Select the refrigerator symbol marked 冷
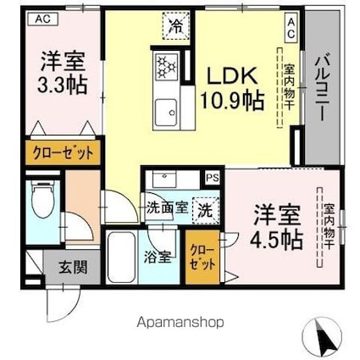coord(176,26)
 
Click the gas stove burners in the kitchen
coord(164,64)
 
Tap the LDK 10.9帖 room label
coord(231,86)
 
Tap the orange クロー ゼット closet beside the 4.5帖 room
coord(202,255)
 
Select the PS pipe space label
coord(212,178)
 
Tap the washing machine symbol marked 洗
coord(205,208)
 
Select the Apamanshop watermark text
coord(180,323)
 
